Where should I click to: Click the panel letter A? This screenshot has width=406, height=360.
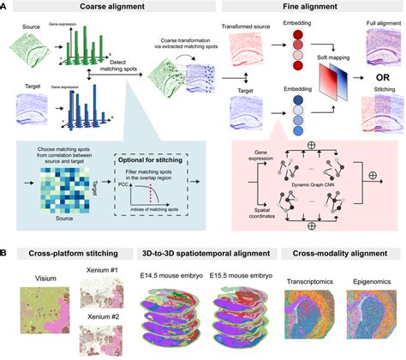(6, 7)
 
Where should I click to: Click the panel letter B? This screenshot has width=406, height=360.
(6, 255)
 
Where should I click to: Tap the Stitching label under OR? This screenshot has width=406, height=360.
(379, 92)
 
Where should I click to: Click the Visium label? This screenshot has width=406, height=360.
(36, 277)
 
